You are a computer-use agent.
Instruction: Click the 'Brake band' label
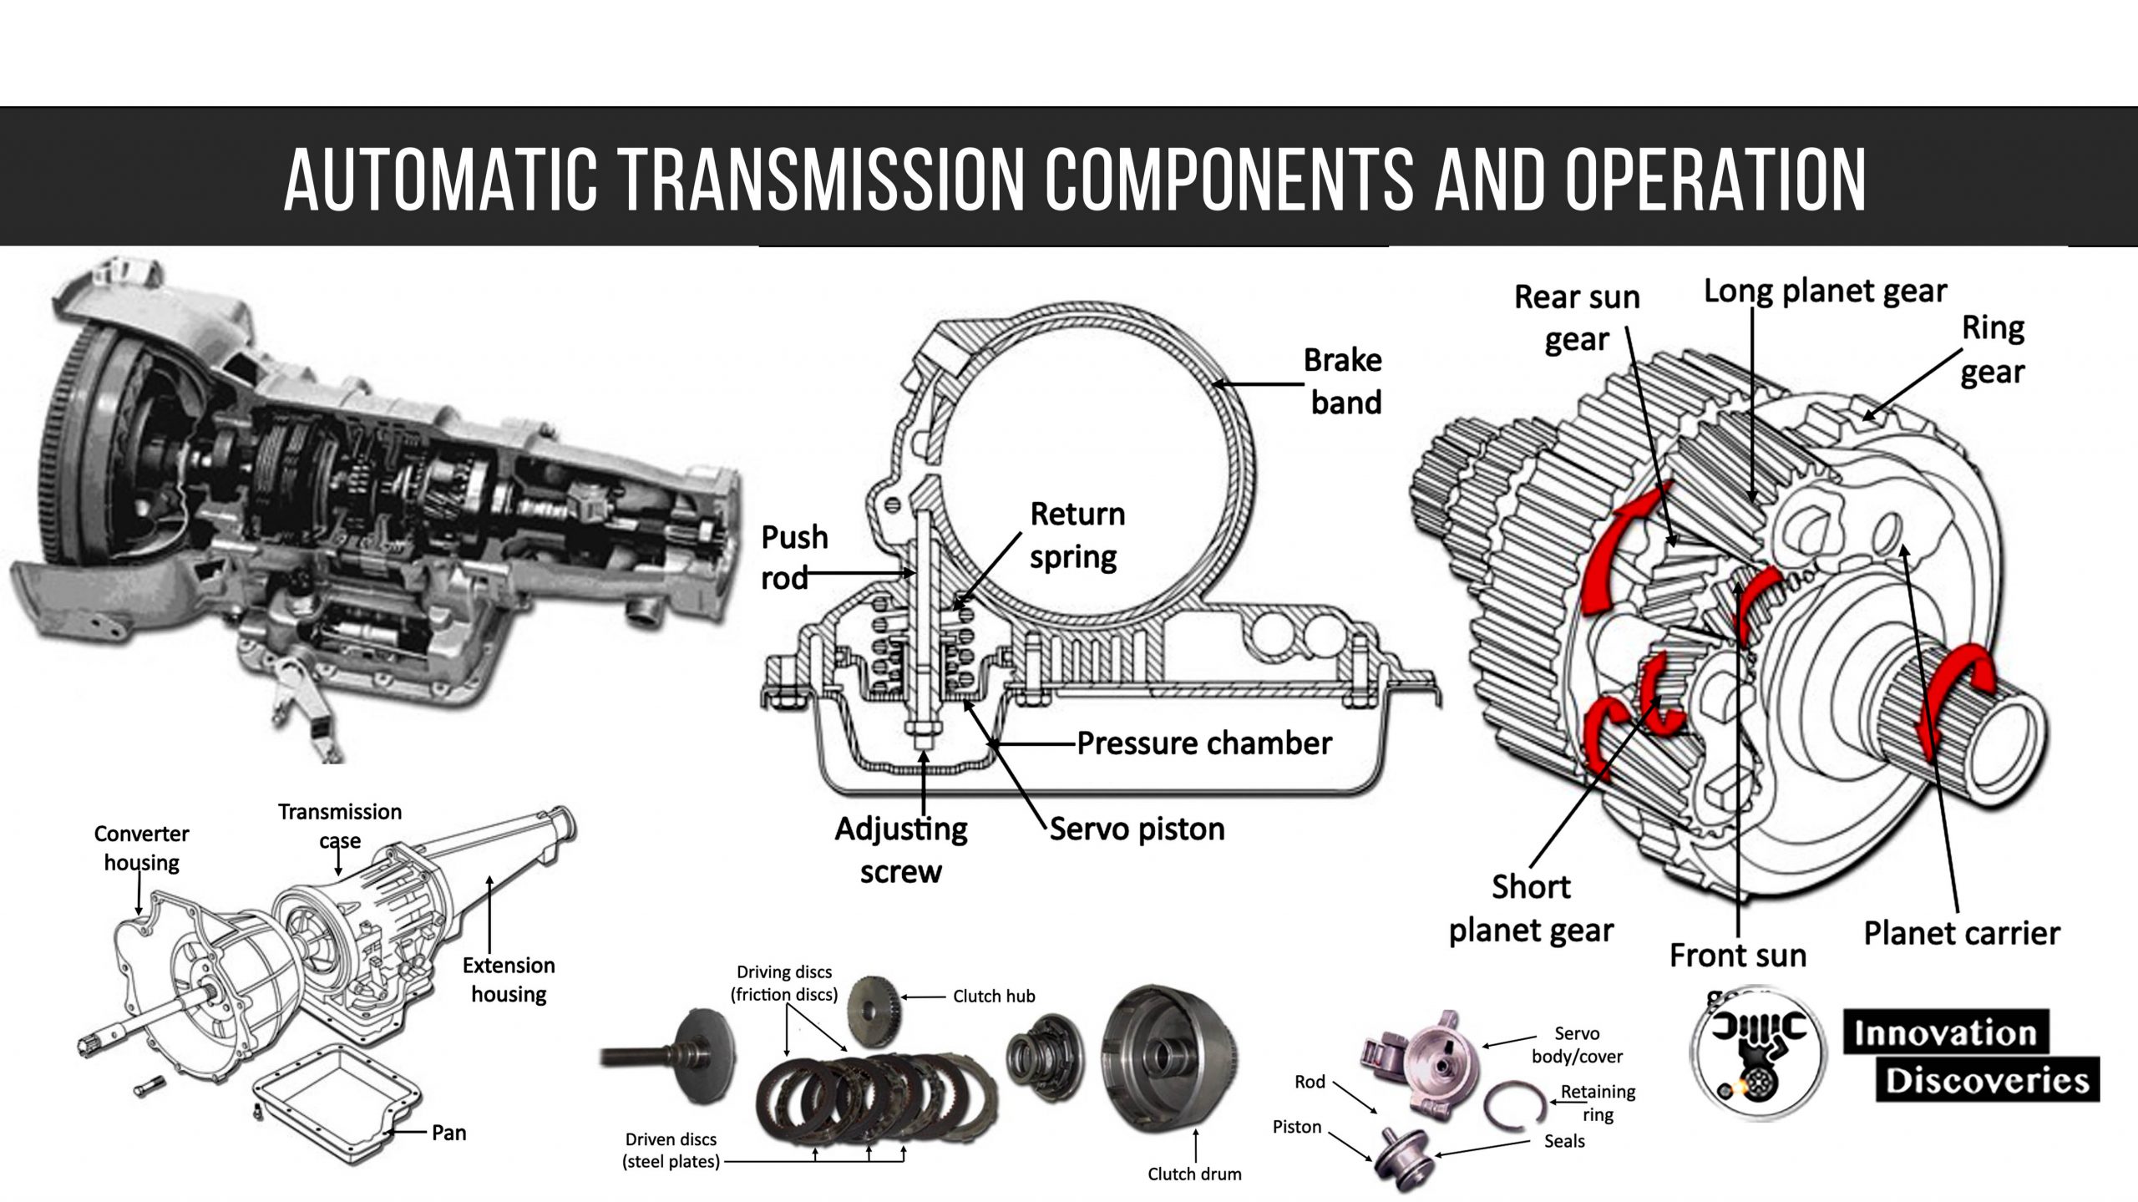[1344, 381]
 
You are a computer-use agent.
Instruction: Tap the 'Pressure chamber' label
[1203, 743]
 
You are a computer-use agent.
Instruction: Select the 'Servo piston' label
[1137, 829]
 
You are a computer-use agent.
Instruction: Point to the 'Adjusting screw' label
[901, 850]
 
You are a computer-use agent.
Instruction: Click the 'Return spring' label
[1077, 535]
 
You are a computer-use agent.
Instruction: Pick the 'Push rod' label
[793, 556]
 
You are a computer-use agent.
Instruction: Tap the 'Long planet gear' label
[1825, 291]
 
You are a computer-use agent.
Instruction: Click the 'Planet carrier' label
[1961, 932]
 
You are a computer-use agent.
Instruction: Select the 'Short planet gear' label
[1531, 908]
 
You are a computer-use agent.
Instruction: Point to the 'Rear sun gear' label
[1577, 317]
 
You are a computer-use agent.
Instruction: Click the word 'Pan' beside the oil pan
[448, 1133]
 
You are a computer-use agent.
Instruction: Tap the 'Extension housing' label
[509, 979]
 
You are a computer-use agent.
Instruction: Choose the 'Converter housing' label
[141, 847]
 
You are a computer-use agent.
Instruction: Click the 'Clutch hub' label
[994, 996]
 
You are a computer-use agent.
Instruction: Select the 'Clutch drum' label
[1194, 1174]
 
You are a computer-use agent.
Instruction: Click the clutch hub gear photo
[873, 1009]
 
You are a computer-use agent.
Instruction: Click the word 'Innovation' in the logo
[1945, 1033]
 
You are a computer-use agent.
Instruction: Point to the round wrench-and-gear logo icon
[1757, 1055]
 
